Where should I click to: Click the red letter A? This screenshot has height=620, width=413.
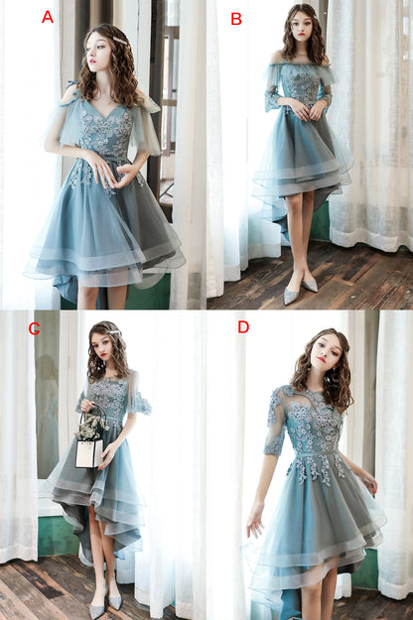47,17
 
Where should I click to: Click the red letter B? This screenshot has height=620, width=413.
235,18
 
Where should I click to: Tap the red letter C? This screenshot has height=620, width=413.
34,328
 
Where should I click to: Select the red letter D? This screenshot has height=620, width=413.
243,326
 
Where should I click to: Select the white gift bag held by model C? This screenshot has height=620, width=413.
87,452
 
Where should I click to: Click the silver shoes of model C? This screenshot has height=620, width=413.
105,600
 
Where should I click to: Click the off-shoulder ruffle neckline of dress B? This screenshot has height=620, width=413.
300,72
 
